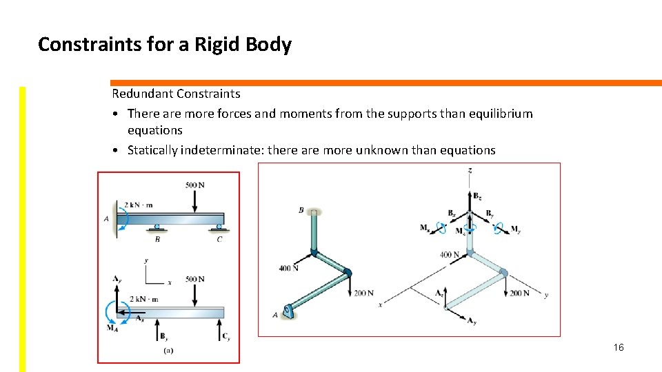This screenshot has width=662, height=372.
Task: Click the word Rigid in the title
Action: pyautogui.click(x=214, y=45)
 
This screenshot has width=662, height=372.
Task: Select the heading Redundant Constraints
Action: pyautogui.click(x=176, y=94)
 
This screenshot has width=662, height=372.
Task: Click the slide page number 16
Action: pyautogui.click(x=618, y=347)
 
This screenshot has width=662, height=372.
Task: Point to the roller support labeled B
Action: pyautogui.click(x=157, y=228)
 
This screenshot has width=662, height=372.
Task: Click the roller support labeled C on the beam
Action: pyautogui.click(x=219, y=228)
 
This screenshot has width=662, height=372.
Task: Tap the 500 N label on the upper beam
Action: pyautogui.click(x=195, y=185)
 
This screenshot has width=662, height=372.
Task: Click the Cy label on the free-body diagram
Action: pyautogui.click(x=225, y=337)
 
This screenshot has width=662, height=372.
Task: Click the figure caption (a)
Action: pyautogui.click(x=168, y=350)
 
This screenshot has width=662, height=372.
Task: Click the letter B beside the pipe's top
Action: pyautogui.click(x=301, y=210)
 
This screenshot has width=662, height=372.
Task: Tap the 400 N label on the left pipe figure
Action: pyautogui.click(x=288, y=268)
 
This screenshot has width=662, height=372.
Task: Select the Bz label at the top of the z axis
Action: pyautogui.click(x=477, y=196)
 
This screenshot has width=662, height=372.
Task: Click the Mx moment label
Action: pyautogui.click(x=425, y=227)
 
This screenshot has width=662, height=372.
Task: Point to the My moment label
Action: pyautogui.click(x=515, y=230)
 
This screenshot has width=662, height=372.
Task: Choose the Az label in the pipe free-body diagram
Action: pyautogui.click(x=439, y=293)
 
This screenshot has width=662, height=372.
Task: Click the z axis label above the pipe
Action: pyautogui.click(x=470, y=169)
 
